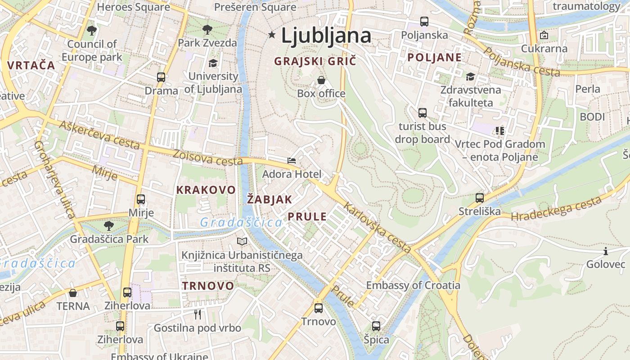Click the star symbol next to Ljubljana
pyautogui.click(x=272, y=35)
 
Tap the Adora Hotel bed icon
pyautogui.click(x=292, y=160)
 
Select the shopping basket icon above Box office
pyautogui.click(x=321, y=80)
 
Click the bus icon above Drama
pyautogui.click(x=161, y=77)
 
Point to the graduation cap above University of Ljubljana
pyautogui.click(x=213, y=63)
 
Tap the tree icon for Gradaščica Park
pyautogui.click(x=108, y=225)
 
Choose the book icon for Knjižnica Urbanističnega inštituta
pyautogui.click(x=242, y=242)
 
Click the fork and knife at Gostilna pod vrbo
pyautogui.click(x=198, y=314)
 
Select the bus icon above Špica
pyautogui.click(x=376, y=326)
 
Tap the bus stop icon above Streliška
pyautogui.click(x=480, y=198)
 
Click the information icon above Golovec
pyautogui.click(x=606, y=251)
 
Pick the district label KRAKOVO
pyautogui.click(x=206, y=190)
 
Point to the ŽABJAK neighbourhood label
pyautogui.click(x=270, y=199)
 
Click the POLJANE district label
pyautogui.click(x=435, y=58)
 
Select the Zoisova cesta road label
pyautogui.click(x=207, y=157)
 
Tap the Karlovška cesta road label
pyautogui.click(x=378, y=228)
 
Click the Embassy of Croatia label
pyautogui.click(x=413, y=285)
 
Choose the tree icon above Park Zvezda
pyautogui.click(x=207, y=30)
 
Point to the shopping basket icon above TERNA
pyautogui.click(x=73, y=293)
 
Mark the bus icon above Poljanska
pyautogui.click(x=424, y=21)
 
